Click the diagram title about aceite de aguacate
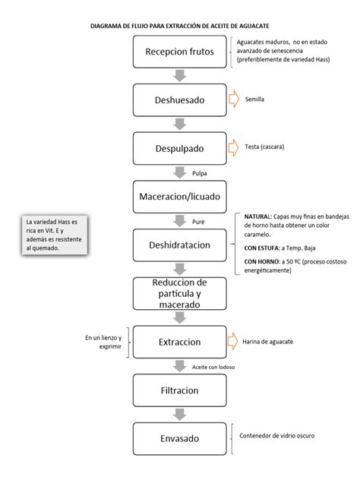179,26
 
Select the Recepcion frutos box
179,52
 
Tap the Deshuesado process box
179,99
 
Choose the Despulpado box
179,147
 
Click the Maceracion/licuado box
179,196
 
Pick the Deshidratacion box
179,245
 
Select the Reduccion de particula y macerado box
179,293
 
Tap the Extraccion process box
179,342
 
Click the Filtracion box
179,390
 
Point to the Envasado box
179,438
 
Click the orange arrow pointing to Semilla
233,99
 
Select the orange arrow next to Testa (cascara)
233,147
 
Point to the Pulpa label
200,173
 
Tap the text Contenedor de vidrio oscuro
276,436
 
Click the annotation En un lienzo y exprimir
104,342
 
